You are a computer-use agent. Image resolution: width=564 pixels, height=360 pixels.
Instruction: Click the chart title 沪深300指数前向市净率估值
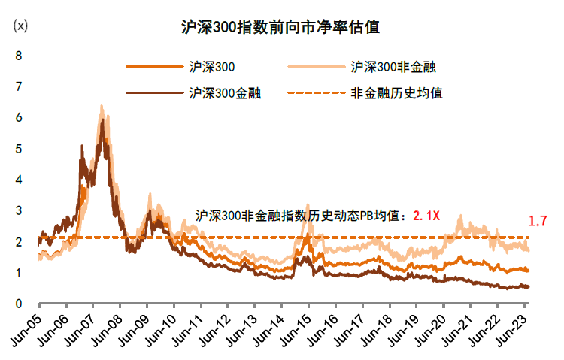280,28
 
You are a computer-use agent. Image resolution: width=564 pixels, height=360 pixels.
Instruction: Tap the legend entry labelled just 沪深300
213,67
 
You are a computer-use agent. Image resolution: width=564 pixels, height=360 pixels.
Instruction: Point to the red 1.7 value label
537,222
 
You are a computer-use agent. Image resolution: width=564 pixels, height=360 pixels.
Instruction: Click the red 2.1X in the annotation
426,216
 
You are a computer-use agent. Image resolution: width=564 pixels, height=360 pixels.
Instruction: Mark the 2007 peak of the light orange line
102,106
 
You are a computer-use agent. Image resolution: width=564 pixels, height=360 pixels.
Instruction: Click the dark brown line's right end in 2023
528,286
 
